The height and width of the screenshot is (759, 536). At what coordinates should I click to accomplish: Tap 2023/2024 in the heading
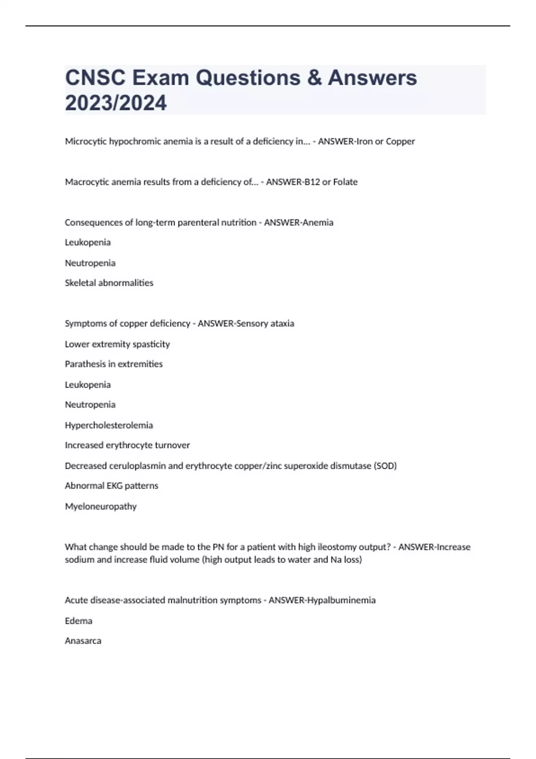click(116, 103)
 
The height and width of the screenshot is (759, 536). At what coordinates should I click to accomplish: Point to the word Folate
click(345, 182)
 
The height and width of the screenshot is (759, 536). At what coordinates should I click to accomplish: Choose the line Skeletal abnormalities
click(109, 283)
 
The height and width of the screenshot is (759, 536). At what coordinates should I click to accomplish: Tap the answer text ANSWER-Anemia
click(298, 222)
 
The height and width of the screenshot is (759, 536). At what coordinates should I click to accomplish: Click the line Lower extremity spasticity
click(117, 344)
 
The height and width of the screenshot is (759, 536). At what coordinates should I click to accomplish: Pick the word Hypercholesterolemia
click(109, 425)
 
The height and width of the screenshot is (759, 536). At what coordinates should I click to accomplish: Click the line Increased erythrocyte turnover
click(127, 445)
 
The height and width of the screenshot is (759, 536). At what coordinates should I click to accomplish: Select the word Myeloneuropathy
click(101, 507)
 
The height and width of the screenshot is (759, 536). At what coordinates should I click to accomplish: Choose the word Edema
click(79, 621)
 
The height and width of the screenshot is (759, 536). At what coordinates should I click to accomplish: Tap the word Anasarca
click(83, 641)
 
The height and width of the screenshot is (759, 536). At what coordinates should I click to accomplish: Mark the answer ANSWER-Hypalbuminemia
click(322, 601)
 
